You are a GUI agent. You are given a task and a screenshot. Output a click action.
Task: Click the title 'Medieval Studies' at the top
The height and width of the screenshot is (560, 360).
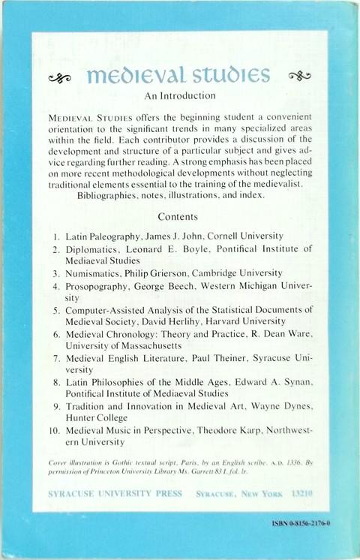tap(178, 75)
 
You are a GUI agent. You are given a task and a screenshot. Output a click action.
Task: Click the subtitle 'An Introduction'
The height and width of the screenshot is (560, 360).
tap(179, 97)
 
